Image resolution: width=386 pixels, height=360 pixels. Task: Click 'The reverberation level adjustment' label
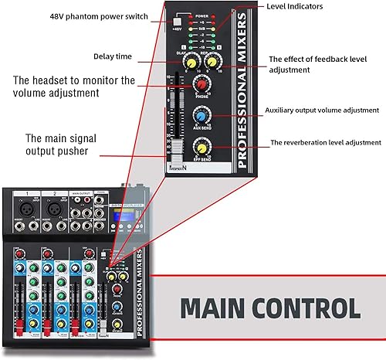coord(324,142)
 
